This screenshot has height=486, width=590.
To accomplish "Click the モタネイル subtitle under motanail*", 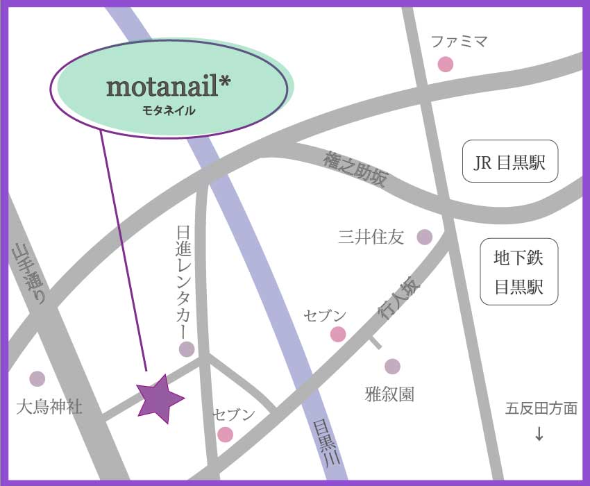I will pos(169,109).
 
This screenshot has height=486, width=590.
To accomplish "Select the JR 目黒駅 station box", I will pos(510,162).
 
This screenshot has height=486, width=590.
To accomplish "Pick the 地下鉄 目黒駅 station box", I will pos(519,272).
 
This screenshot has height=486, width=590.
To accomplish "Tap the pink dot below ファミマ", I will pos(445,65).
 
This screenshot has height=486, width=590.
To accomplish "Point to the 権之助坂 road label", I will pos(354,169).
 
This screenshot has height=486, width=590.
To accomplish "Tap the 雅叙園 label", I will pos(389,394).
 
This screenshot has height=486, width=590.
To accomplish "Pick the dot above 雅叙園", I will pos(392,366).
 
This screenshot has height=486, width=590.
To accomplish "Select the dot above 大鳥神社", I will pos(37,378).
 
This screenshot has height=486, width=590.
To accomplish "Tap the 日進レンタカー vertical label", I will pos(185,280).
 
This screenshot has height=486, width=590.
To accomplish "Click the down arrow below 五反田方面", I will pos(539,434).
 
